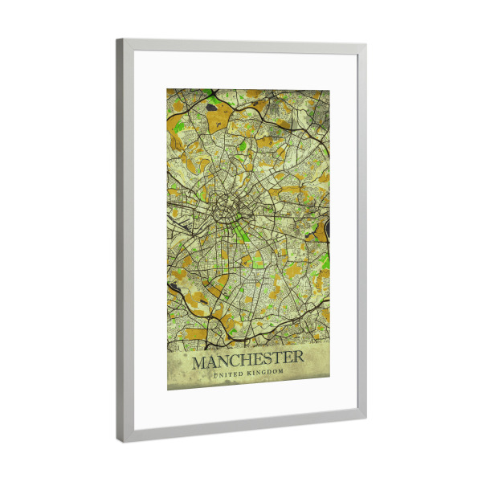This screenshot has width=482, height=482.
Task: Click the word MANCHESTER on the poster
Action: click(247, 357)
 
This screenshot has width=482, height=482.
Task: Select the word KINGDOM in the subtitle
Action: click(266, 374)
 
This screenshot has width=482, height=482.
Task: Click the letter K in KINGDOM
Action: click(251, 374)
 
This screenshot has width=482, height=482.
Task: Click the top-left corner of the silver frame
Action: click(118, 40)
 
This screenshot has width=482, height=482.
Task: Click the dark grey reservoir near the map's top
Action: click(211, 104)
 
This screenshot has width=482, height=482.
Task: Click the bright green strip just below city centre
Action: click(239, 235)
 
